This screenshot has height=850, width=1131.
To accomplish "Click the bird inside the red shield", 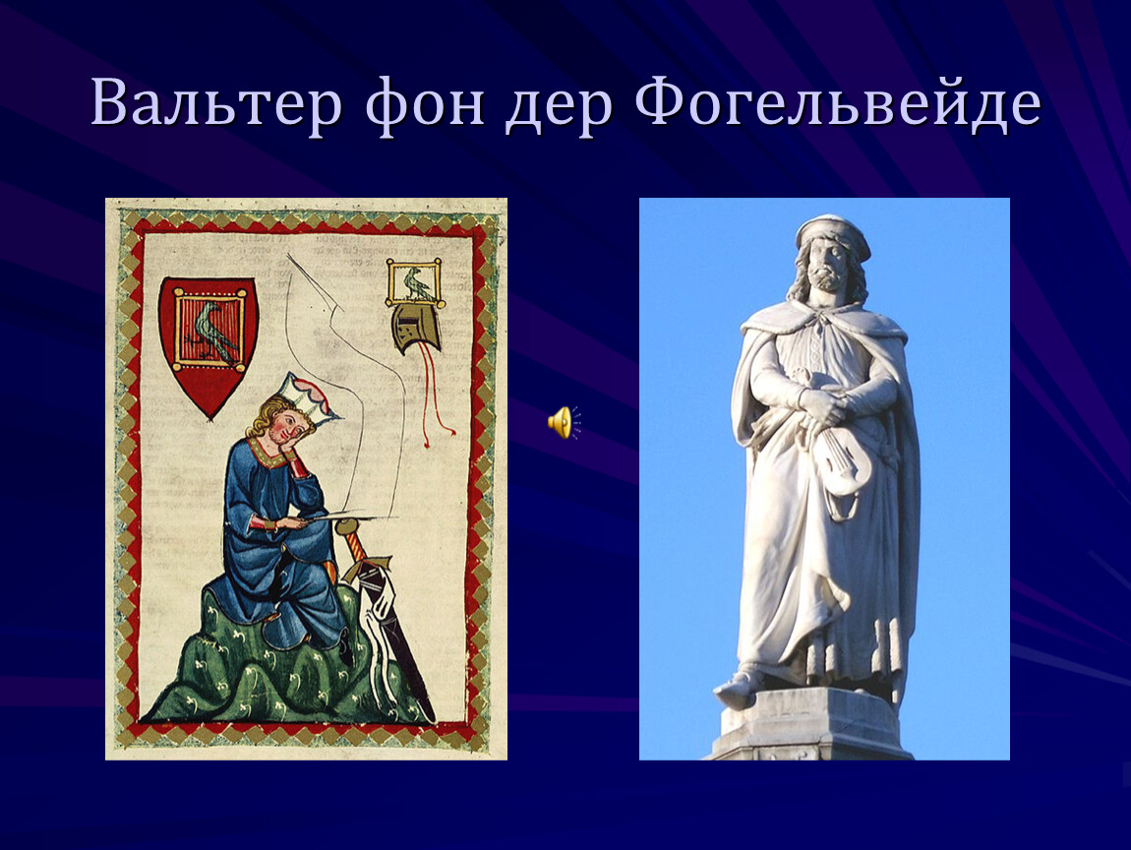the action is pyautogui.click(x=211, y=331).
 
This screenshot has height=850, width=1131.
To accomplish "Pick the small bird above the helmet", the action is pyautogui.click(x=415, y=283).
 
